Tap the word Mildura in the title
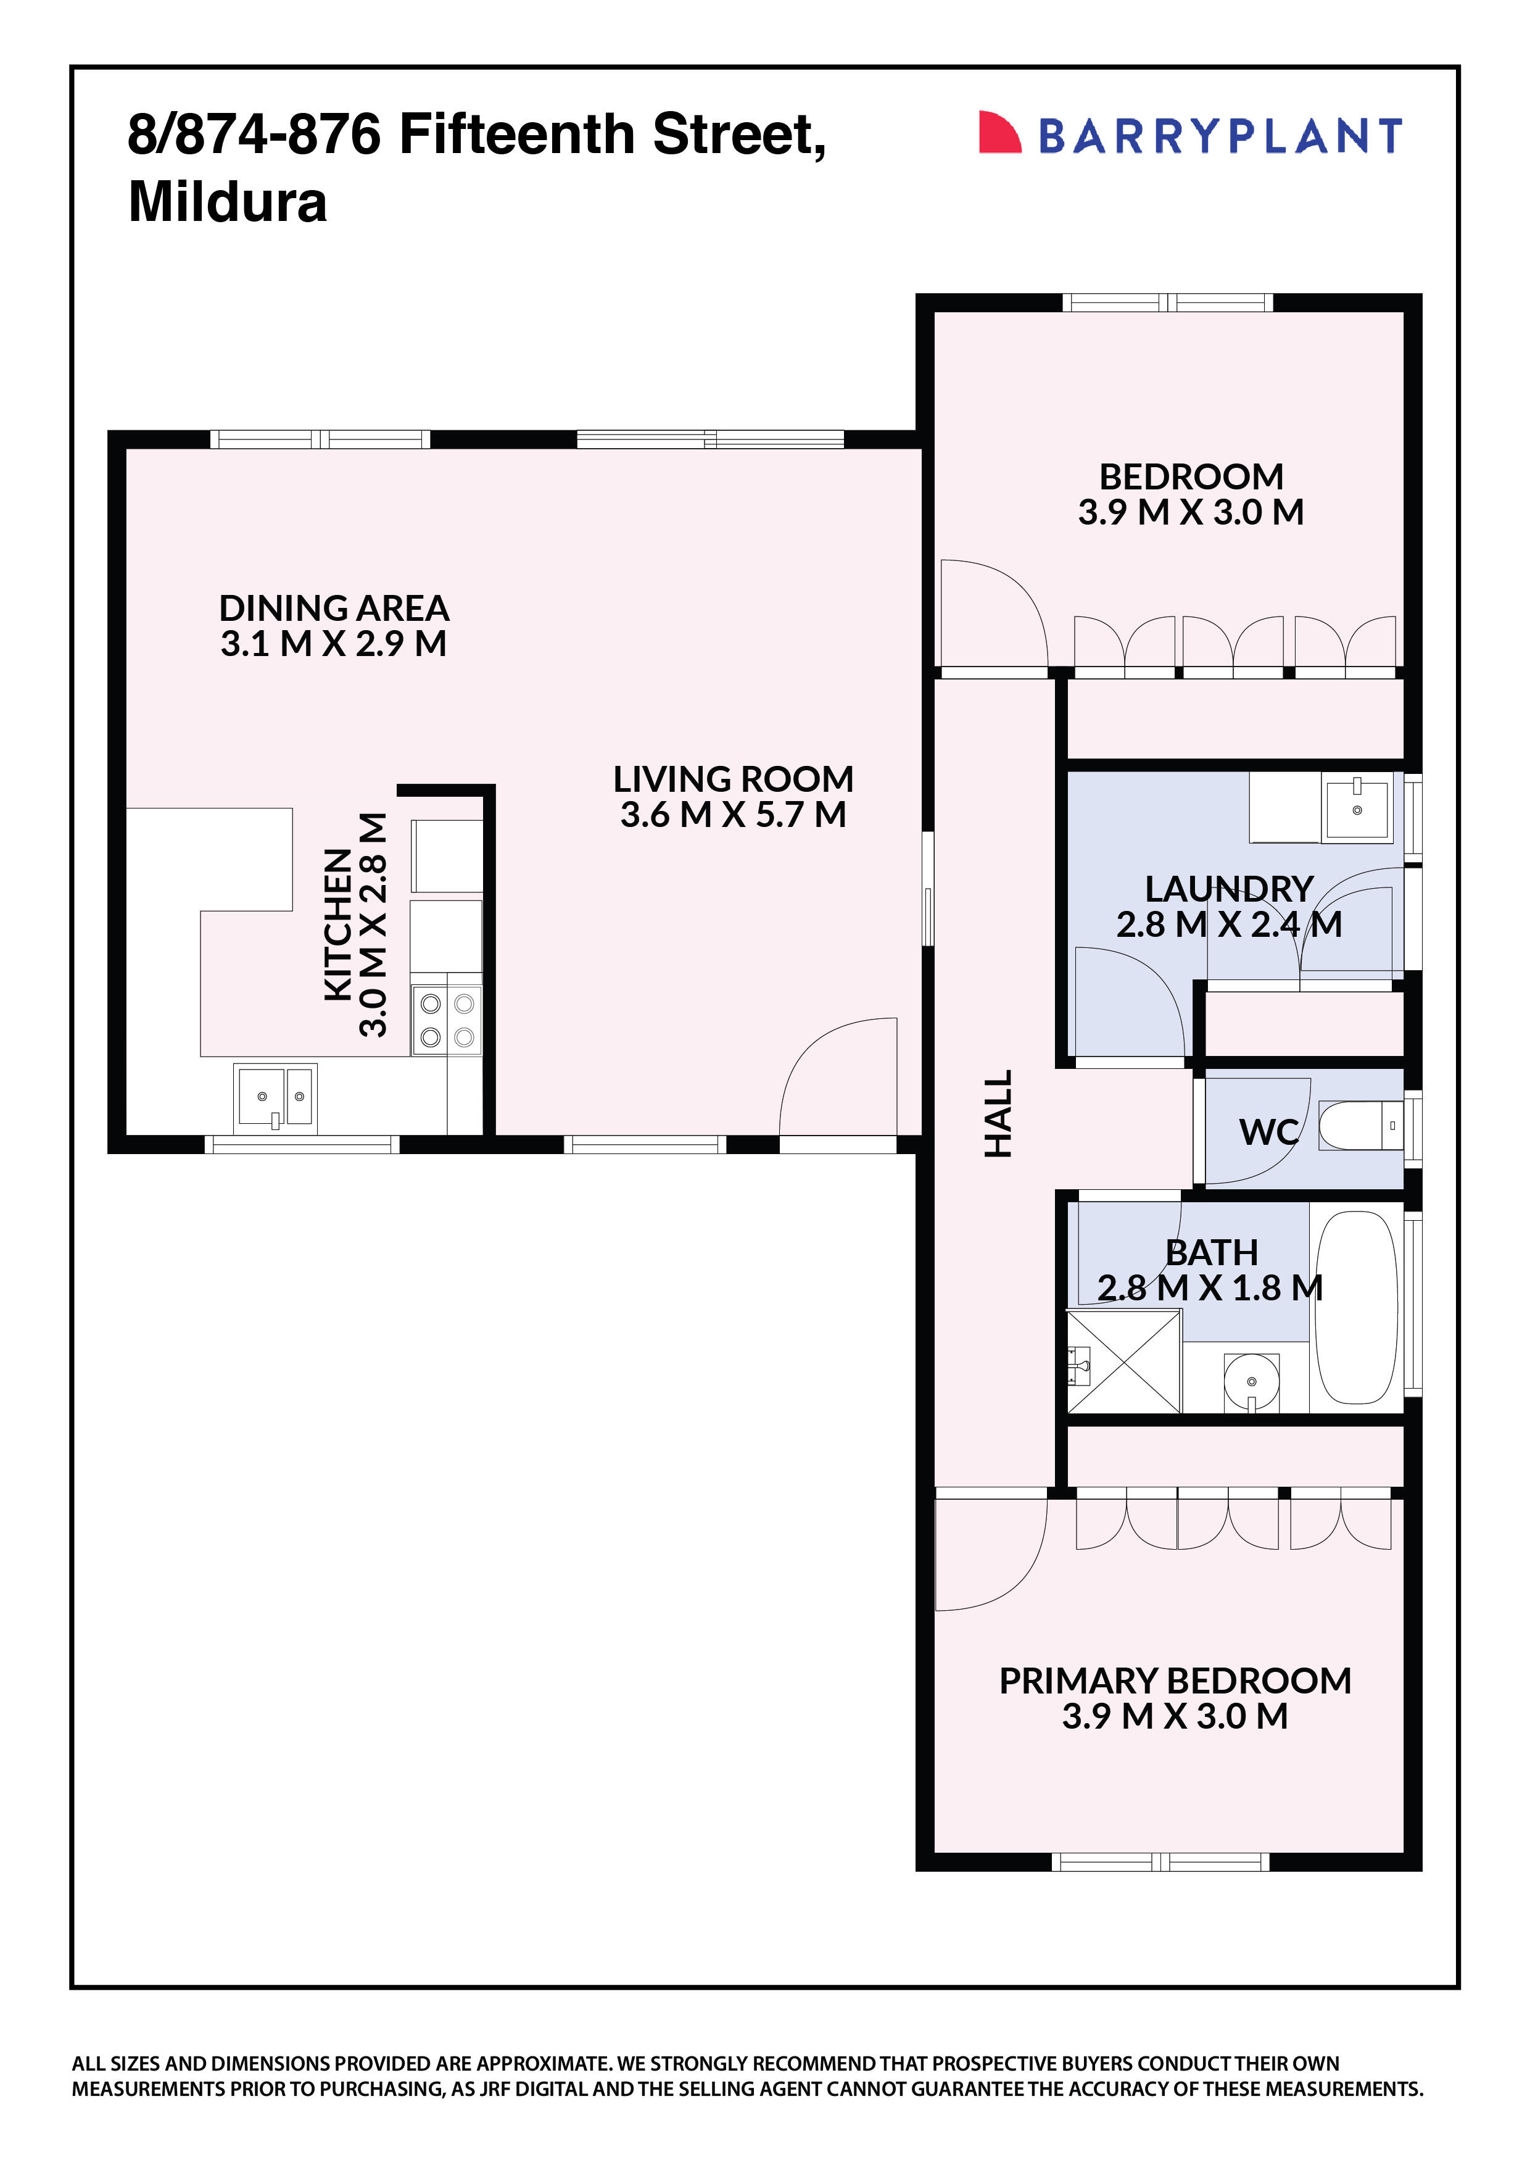pyautogui.click(x=227, y=202)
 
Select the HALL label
pyautogui.click(x=998, y=1113)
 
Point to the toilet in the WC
pyautogui.click(x=1357, y=1125)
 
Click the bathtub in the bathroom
pyautogui.click(x=1355, y=1308)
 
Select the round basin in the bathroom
pyautogui.click(x=1251, y=1381)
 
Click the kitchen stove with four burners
pyautogui.click(x=447, y=1020)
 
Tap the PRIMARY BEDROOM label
pyautogui.click(x=1175, y=1681)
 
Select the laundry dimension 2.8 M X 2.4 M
pyautogui.click(x=1228, y=924)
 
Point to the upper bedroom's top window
pyautogui.click(x=1167, y=302)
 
